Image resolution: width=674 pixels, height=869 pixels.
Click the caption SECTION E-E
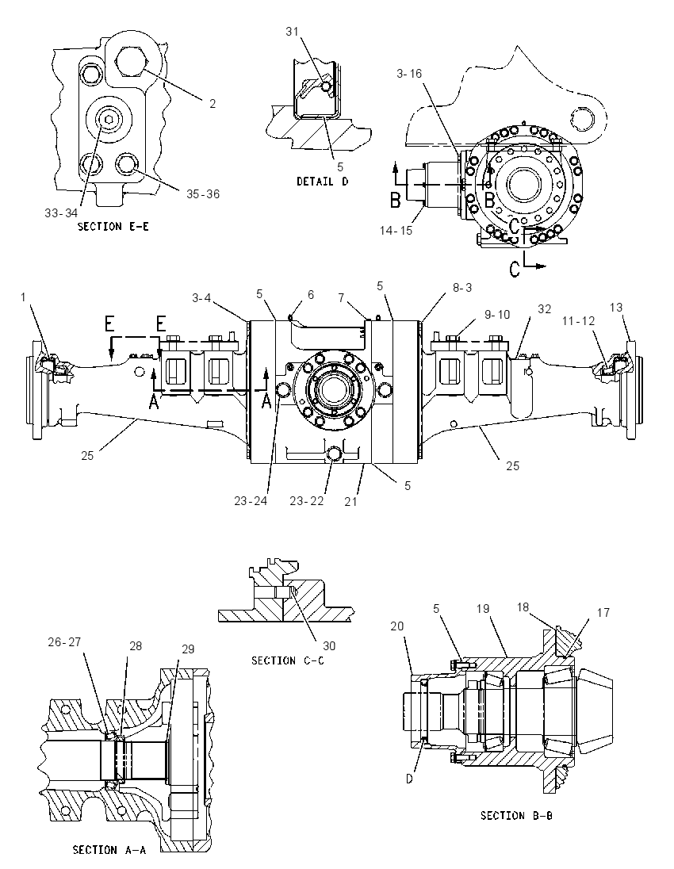coord(113,226)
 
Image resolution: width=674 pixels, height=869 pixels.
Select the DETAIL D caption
coord(323,182)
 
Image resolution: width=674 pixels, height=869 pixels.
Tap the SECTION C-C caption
coord(288,660)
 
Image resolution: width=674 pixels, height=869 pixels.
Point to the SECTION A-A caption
coord(109,850)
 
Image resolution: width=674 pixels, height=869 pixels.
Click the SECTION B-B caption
coord(516,815)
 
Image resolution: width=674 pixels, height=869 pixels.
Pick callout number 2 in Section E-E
coord(213,104)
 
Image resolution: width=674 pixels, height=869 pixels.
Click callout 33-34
coord(61,213)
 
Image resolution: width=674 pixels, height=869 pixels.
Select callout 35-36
coord(203,194)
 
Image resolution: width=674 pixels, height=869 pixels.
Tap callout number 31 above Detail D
coord(292,32)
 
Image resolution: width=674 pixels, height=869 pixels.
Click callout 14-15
coord(396,230)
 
